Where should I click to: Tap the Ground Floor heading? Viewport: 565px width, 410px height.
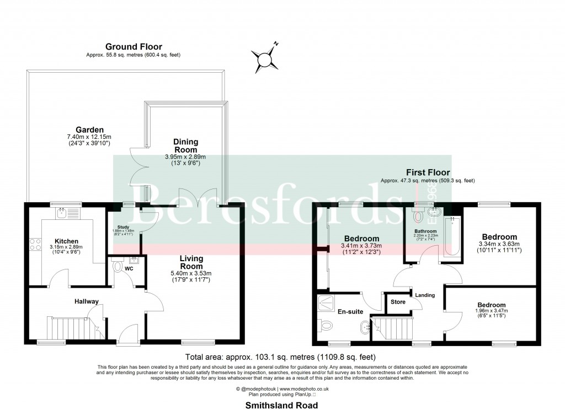(x=134, y=47)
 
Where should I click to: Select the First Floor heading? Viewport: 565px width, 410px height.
(x=428, y=172)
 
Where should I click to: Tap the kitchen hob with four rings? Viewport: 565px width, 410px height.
(x=35, y=244)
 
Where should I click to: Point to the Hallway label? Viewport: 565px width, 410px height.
(x=87, y=301)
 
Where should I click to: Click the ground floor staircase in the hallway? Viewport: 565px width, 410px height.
(x=69, y=329)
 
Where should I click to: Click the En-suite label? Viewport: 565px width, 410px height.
(x=350, y=312)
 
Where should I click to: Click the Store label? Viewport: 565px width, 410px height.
(x=398, y=302)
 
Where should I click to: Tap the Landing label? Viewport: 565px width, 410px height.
(x=425, y=295)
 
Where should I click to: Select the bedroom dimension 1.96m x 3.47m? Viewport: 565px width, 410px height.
(x=492, y=311)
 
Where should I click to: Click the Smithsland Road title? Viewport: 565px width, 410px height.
(x=282, y=405)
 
